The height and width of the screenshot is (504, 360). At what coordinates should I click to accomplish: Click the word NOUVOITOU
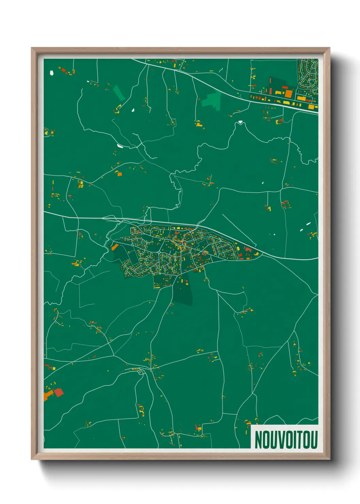tap(286, 440)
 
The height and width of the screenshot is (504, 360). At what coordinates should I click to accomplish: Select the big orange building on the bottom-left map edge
tap(47, 395)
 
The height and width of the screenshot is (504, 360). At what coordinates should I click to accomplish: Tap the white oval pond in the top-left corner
tap(52, 73)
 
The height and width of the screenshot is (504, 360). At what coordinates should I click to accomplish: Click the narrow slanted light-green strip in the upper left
tap(119, 92)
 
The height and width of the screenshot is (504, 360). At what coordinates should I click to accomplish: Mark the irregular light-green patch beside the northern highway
tap(212, 100)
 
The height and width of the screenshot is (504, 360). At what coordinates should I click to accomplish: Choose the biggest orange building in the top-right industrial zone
tap(288, 93)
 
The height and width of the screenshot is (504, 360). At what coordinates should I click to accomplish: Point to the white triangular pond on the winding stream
tap(241, 122)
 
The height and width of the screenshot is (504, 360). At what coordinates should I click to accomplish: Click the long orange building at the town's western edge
tap(114, 247)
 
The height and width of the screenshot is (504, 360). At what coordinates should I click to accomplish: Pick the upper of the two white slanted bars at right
tap(308, 224)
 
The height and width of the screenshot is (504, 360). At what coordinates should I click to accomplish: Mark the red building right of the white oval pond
tap(63, 70)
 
